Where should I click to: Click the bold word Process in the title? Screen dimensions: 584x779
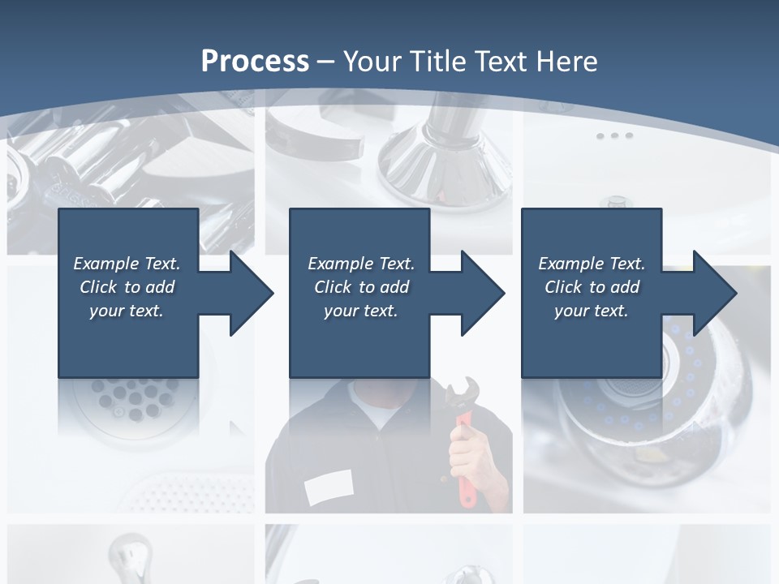click(255, 62)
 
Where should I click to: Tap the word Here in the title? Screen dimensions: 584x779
click(567, 62)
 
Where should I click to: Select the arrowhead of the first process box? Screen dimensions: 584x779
click(250, 293)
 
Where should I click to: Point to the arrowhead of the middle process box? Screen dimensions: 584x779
click(481, 293)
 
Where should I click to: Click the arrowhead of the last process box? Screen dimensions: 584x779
click(713, 293)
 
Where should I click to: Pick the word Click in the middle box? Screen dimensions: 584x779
click(332, 287)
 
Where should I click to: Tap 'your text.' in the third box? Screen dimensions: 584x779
click(592, 311)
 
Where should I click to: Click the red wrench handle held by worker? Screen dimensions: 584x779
click(466, 470)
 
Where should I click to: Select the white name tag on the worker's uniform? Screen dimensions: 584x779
click(329, 487)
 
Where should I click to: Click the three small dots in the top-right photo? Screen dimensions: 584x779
click(614, 135)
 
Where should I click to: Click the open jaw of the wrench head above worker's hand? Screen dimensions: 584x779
click(456, 393)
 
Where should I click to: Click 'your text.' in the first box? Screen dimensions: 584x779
click(127, 311)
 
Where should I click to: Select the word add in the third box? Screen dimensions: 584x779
click(626, 287)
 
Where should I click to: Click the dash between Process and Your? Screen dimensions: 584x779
click(326, 62)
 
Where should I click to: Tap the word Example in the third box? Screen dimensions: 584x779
click(570, 264)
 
